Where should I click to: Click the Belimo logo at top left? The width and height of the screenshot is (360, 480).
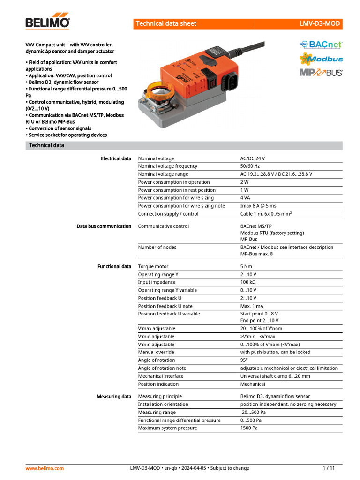[x=47, y=23]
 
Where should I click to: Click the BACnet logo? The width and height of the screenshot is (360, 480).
[x=321, y=45]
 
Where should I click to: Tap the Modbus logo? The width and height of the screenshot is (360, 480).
[x=321, y=59]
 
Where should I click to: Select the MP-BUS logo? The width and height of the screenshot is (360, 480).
[x=321, y=72]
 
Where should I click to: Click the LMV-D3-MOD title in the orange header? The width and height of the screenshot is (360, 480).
[x=320, y=23]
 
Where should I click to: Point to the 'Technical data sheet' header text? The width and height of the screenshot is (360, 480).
[x=166, y=23]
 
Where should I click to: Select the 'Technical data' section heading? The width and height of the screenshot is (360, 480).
[x=46, y=145]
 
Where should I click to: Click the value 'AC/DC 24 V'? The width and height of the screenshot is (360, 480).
[x=255, y=158]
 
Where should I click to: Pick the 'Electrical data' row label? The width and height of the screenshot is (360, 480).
[x=116, y=158]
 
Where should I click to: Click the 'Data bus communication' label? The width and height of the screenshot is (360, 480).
[x=104, y=226]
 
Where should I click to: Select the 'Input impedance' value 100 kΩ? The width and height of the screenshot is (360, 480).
[x=248, y=282]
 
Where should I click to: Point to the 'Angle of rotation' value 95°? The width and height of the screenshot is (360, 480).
[x=244, y=360]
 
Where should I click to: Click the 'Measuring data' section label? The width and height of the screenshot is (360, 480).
[x=114, y=397]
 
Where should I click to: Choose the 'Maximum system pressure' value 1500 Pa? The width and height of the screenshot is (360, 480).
[x=249, y=428]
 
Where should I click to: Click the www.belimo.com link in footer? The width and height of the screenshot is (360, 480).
[x=45, y=468]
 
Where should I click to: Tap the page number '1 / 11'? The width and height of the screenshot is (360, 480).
[x=329, y=468]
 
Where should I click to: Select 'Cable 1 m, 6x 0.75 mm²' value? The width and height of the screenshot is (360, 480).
[x=266, y=214]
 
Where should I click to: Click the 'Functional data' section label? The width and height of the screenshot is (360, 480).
[x=114, y=266]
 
